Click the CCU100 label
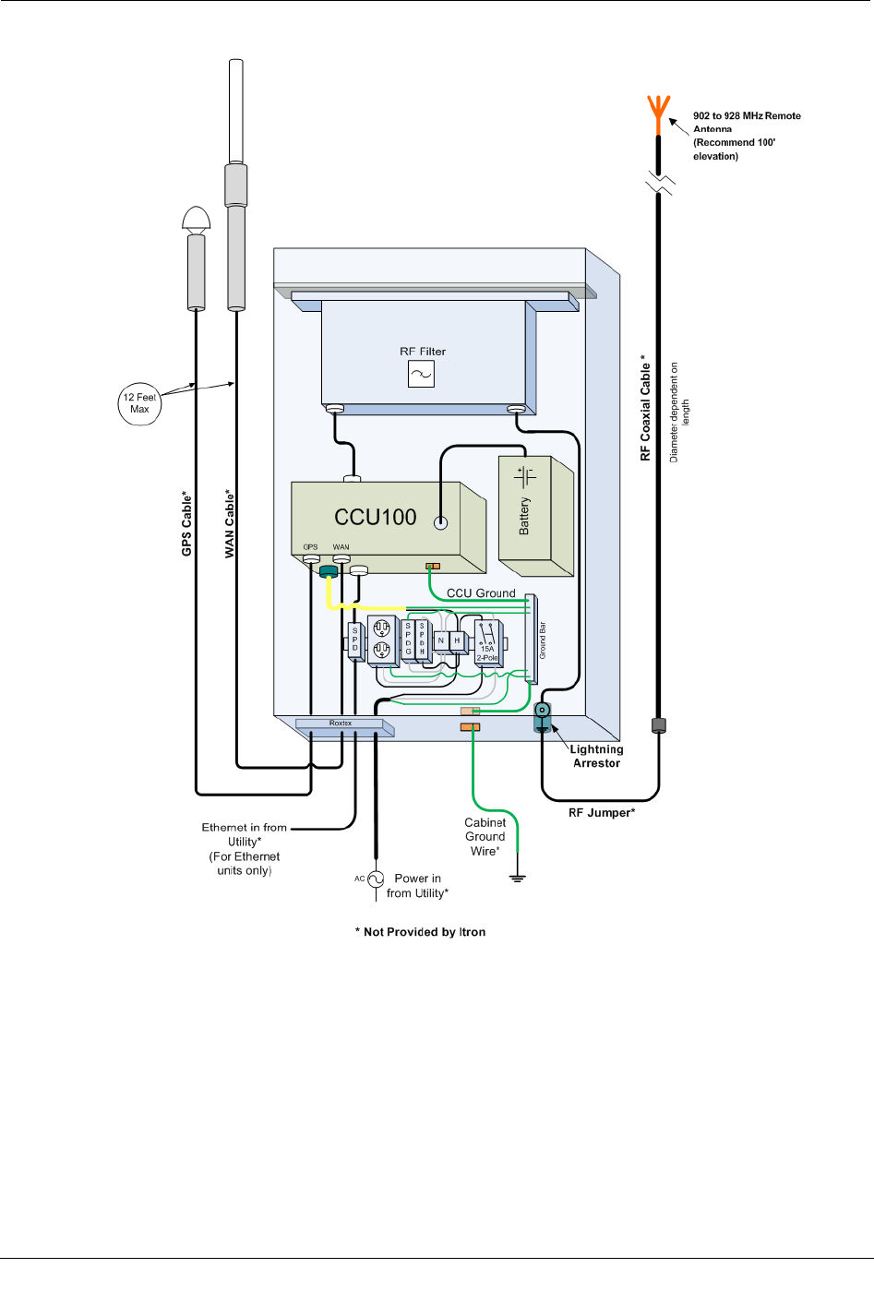[375, 517]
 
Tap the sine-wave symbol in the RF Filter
[421, 374]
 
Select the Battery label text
[524, 516]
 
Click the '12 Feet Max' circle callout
[139, 403]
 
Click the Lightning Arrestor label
[596, 756]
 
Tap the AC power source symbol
[376, 879]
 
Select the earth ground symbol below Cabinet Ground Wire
[517, 877]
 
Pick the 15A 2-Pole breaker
[487, 641]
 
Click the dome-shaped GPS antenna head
[197, 219]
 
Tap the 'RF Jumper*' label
[602, 813]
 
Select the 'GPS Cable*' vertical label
[187, 523]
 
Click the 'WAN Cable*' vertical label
[230, 523]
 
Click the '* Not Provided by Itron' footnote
[421, 932]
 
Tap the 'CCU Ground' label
[481, 593]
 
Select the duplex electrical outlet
[382, 640]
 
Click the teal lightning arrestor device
[543, 715]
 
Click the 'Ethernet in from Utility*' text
[245, 834]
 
